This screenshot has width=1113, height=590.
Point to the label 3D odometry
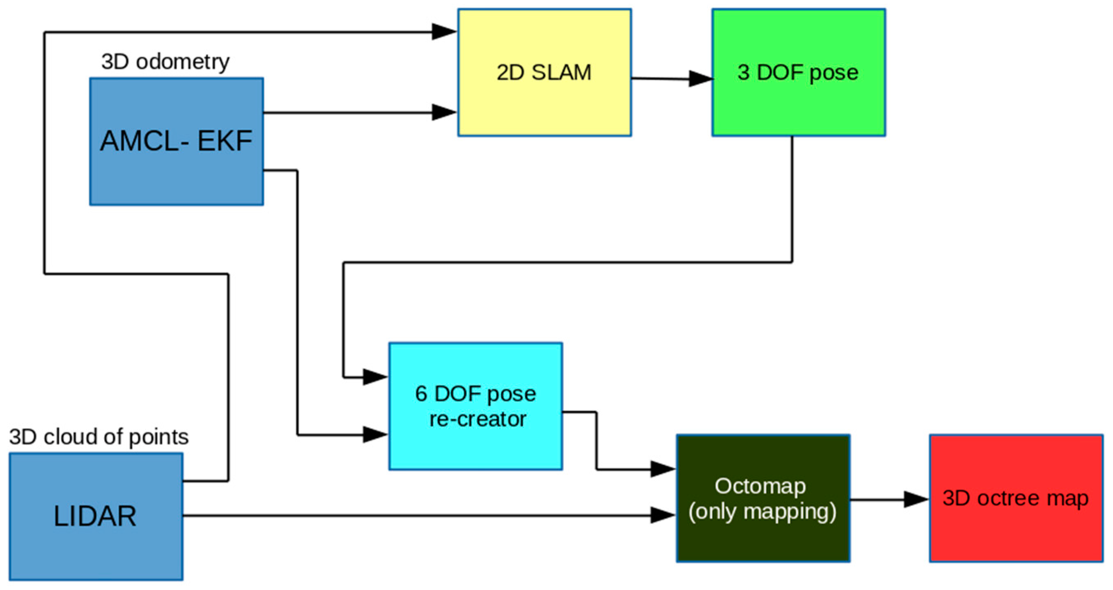tap(165, 62)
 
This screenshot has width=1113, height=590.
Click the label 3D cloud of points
tap(99, 437)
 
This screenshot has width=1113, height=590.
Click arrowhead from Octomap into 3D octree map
tap(916, 499)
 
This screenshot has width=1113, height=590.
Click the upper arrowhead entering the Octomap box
tap(663, 469)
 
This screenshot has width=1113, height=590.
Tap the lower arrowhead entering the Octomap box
tap(663, 515)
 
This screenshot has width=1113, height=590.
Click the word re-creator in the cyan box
tap(478, 419)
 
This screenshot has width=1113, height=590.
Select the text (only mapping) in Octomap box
tap(762, 512)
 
